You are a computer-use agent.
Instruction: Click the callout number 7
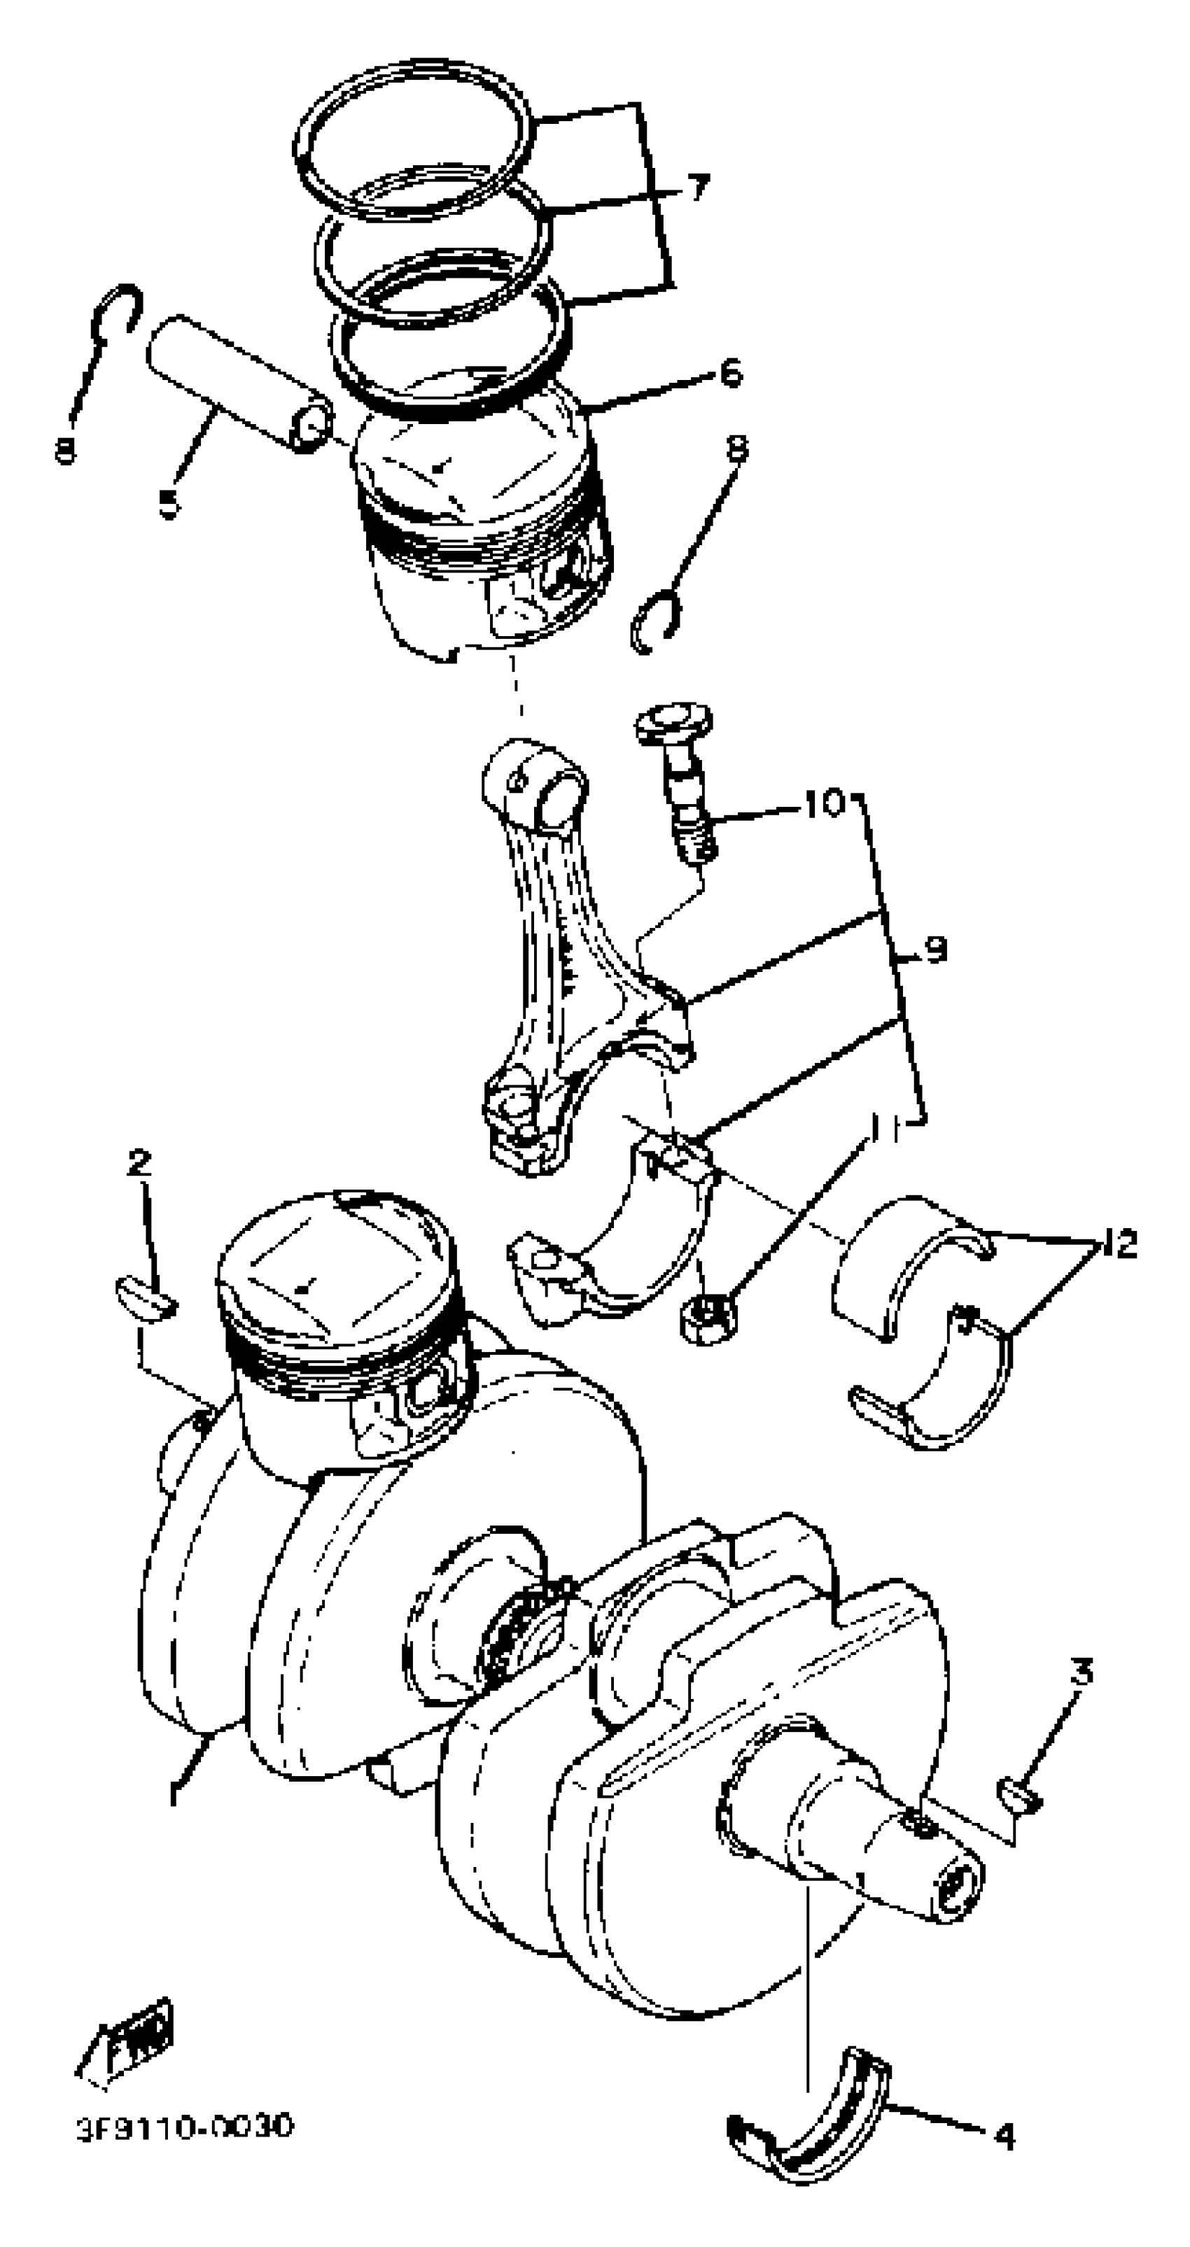point(698,188)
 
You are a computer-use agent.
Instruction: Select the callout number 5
point(169,503)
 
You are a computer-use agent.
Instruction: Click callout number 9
point(934,949)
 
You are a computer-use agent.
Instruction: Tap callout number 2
point(139,1163)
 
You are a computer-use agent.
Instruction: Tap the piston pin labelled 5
point(236,381)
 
